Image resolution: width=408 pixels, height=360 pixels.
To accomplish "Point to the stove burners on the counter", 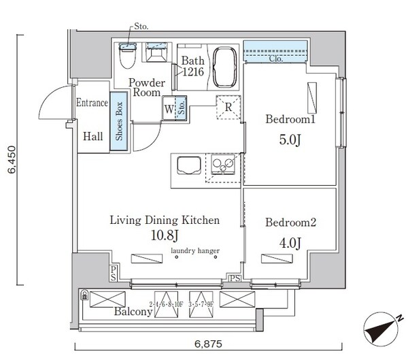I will click(x=223, y=165).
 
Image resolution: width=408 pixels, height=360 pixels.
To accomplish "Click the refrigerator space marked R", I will click(x=228, y=106).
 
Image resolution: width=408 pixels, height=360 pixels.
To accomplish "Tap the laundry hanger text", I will click(x=195, y=252).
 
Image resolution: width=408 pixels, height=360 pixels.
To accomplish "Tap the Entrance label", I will click(x=92, y=103).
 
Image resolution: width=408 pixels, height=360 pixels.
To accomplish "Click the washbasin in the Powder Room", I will click(x=156, y=55).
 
